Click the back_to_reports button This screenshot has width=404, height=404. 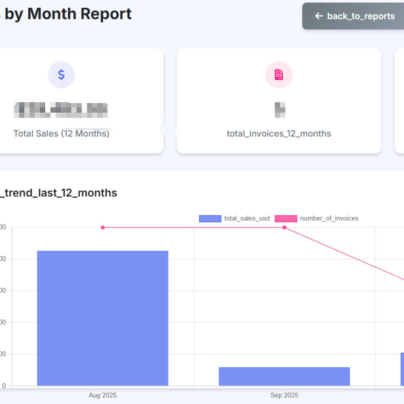[x=355, y=16]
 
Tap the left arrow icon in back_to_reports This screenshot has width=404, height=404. [x=319, y=16]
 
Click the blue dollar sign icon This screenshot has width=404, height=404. [x=61, y=75]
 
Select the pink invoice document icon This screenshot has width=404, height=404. [x=279, y=75]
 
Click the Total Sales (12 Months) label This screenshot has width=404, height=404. [x=61, y=134]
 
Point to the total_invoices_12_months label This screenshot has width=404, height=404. [x=279, y=134]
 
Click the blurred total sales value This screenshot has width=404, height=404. [x=61, y=109]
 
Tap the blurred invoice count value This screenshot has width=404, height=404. [x=280, y=109]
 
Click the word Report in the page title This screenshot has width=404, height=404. [x=106, y=14]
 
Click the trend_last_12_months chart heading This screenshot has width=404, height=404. [x=59, y=193]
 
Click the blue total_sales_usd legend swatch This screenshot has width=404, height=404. [x=210, y=219]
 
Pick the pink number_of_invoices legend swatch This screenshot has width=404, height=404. [x=286, y=219]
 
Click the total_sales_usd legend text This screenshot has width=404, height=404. [x=247, y=219]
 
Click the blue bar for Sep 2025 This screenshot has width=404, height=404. [x=284, y=377]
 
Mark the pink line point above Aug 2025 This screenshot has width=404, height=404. [x=103, y=227]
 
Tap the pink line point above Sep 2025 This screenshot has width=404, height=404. [x=284, y=227]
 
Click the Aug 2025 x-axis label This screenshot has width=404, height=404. [x=103, y=395]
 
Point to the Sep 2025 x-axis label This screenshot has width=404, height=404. [x=284, y=395]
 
